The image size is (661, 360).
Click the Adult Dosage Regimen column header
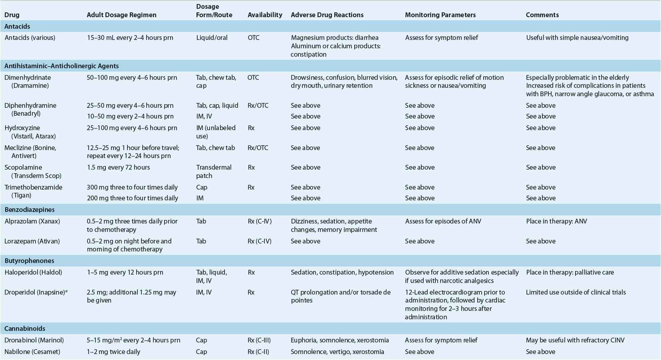pos(121,15)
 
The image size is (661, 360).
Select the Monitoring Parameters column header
pos(440,15)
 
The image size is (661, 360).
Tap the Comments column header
pos(542,15)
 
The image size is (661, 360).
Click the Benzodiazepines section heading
pos(30,210)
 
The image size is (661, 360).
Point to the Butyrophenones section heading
pos(29,261)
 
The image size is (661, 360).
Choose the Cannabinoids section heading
pos(25,328)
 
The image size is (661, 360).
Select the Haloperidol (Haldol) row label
pos(34,272)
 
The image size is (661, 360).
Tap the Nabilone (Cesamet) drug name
pos(32,352)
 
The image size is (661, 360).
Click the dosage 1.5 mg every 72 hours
pos(118,167)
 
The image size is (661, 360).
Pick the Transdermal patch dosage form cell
pos(214,171)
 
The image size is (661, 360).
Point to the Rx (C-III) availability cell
pos(259,340)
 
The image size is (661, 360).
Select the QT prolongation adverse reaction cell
pos(341,296)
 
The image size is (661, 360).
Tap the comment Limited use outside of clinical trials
pos(576,292)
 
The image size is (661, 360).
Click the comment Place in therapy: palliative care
pos(570,272)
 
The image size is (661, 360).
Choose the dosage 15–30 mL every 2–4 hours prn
pos(130,38)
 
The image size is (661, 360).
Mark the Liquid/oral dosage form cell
pos(212,38)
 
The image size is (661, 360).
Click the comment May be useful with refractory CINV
pos(575,340)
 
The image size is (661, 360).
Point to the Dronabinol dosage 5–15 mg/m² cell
pos(133,340)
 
